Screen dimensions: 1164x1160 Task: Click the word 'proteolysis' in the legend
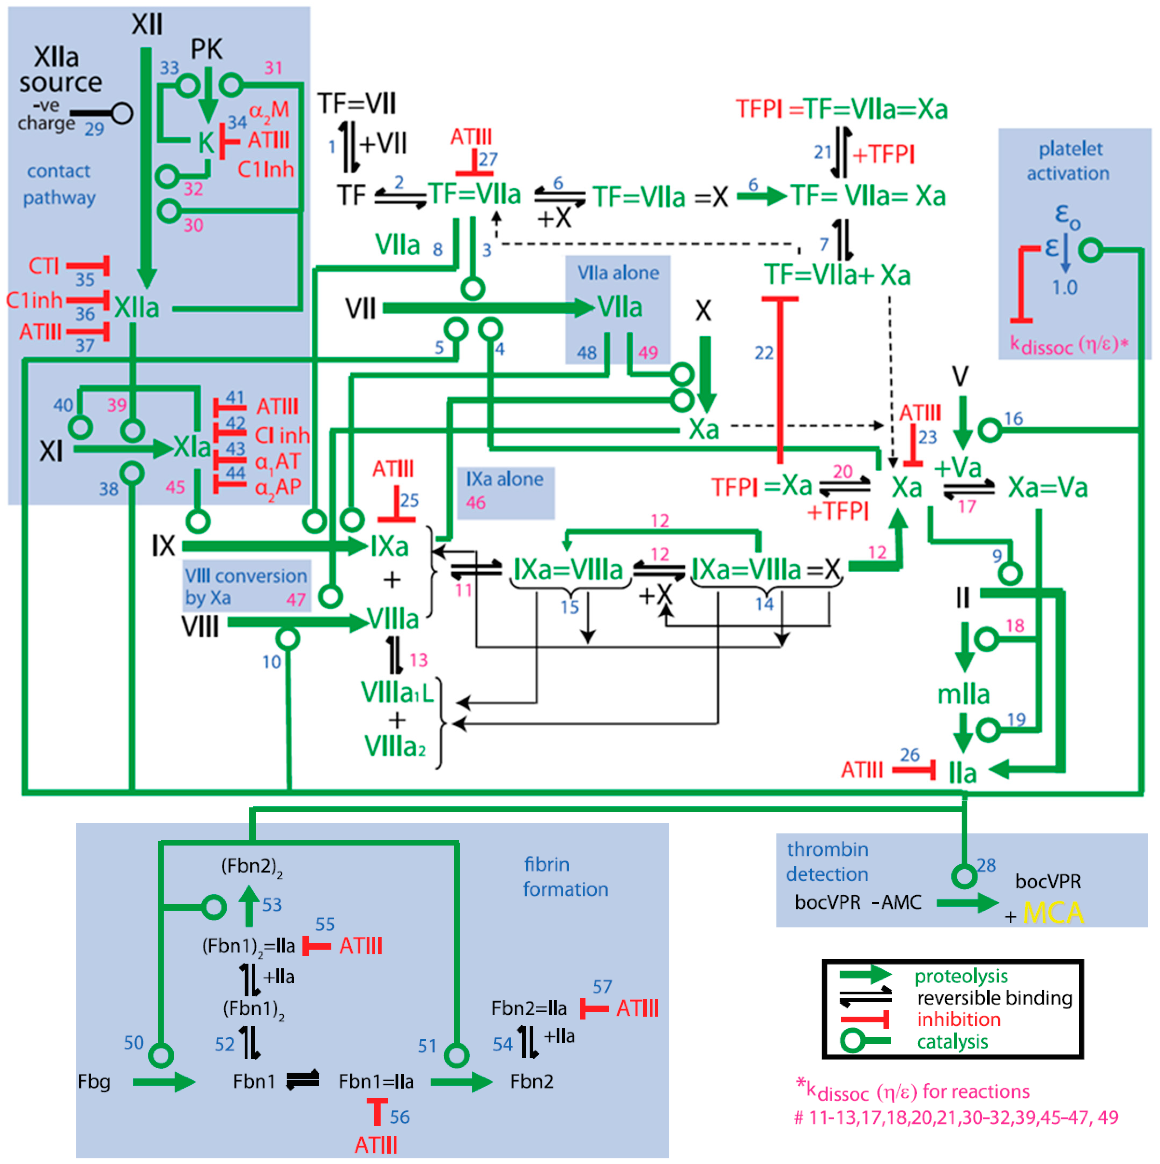(x=960, y=976)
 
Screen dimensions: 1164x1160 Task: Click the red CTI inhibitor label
(x=43, y=266)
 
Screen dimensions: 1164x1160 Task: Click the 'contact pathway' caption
(x=59, y=184)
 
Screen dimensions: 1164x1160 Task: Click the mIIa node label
(x=963, y=694)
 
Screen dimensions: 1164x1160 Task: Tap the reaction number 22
(x=763, y=353)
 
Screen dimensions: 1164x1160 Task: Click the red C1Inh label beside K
(x=265, y=169)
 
